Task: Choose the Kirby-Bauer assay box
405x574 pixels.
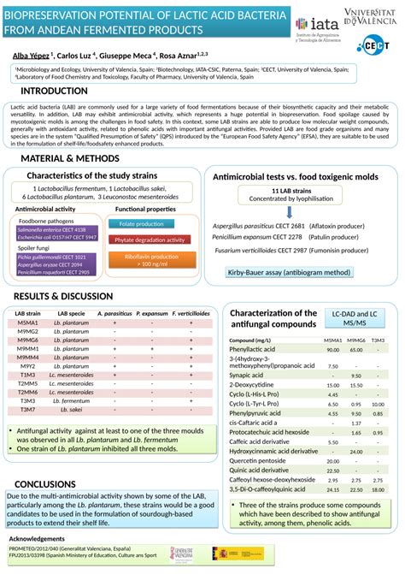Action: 289,272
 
